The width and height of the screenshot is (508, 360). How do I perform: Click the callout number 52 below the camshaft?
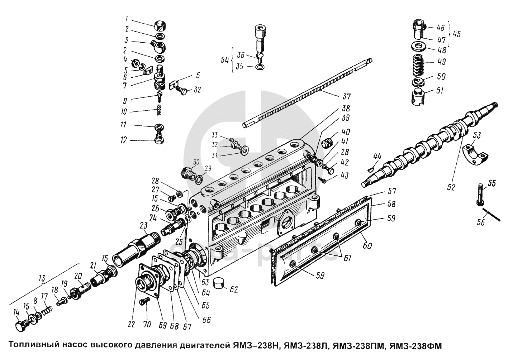coord(452,186)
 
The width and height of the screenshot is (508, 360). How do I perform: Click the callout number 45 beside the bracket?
coord(456,34)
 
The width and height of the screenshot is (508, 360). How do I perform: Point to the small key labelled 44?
coord(373,166)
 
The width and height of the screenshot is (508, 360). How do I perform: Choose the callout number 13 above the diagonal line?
coord(42,278)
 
